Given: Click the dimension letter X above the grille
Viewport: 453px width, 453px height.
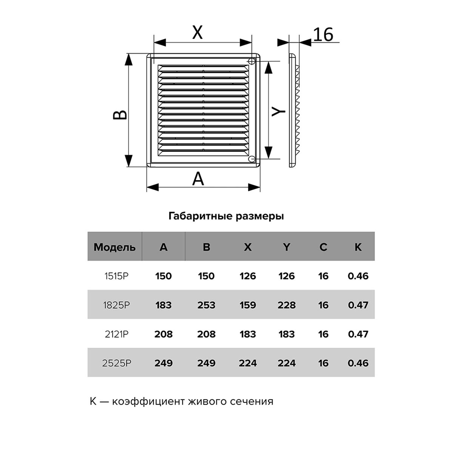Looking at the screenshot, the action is click(197, 32).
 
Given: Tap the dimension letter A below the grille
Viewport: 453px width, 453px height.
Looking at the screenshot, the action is click(198, 179).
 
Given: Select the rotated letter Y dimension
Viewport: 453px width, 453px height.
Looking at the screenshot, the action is click(278, 111).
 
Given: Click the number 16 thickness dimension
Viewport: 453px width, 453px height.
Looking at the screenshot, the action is click(323, 34).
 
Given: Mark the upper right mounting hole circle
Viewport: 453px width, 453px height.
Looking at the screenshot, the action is click(251, 61).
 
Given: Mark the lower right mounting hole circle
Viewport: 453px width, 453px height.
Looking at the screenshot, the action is click(251, 159).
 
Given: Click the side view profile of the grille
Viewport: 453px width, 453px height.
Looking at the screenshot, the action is click(294, 110).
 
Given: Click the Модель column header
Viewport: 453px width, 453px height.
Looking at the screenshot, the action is click(115, 247).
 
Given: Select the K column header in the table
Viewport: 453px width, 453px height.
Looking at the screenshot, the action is click(358, 247).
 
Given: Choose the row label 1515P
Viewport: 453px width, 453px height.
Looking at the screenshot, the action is click(116, 276).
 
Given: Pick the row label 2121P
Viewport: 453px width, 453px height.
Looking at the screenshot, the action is click(117, 334).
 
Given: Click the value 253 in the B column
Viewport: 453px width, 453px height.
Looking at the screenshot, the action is click(206, 305).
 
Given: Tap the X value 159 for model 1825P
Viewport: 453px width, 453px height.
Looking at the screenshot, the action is click(248, 305).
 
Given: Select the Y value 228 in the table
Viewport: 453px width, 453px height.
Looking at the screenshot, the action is click(287, 305).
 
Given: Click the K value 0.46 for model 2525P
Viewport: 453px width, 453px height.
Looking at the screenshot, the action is click(358, 363).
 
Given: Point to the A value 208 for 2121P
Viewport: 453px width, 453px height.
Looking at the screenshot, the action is click(163, 334).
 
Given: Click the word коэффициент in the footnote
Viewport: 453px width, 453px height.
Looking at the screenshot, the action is click(149, 401).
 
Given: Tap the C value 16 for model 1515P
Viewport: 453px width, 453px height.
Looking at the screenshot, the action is click(323, 276).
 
